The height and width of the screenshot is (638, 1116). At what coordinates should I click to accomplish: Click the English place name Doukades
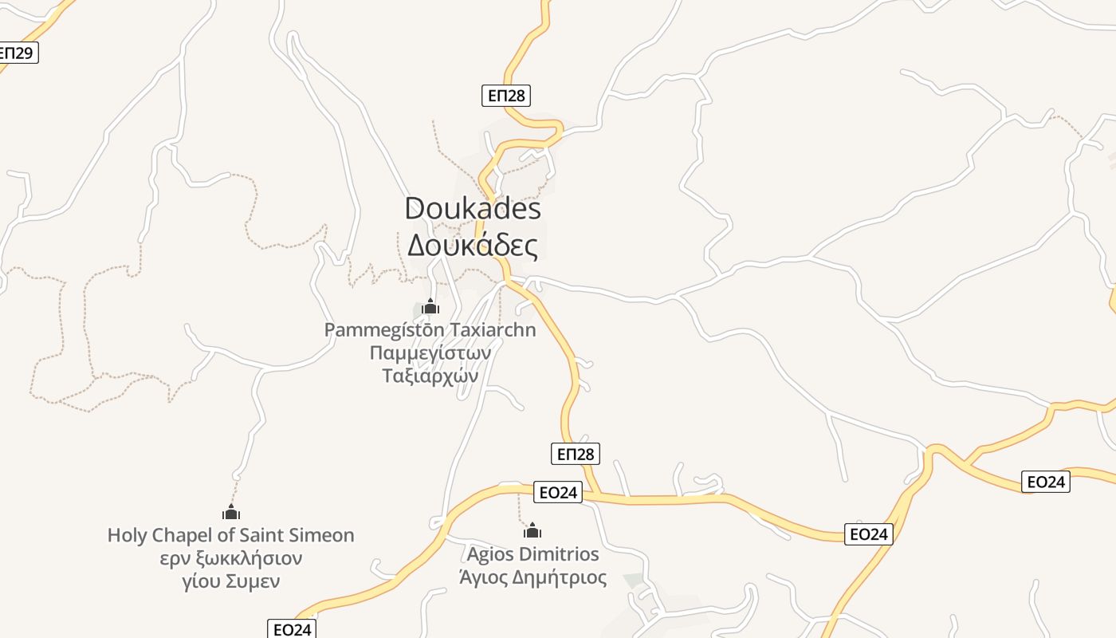pos(473,209)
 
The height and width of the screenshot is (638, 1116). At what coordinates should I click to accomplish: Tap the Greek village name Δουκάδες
pos(473,246)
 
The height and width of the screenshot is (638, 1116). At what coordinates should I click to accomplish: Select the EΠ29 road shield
pos(16,53)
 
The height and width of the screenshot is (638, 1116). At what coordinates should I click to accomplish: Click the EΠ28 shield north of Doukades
pos(506,96)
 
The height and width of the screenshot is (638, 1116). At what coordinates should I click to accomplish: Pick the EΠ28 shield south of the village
pos(575,454)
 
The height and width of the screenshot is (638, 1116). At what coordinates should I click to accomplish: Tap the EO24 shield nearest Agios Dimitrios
pos(558,492)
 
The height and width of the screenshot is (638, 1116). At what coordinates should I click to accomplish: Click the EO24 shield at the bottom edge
pos(292,629)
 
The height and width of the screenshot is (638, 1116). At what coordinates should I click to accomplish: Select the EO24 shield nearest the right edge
pos(1046,482)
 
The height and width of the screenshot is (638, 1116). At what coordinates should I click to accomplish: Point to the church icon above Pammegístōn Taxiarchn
pos(430,306)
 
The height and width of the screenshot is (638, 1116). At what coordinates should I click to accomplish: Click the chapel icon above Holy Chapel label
pos(231,512)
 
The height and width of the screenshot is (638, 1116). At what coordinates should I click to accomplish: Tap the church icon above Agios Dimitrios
pos(532,530)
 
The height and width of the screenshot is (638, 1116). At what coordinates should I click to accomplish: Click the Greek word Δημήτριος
pos(558,577)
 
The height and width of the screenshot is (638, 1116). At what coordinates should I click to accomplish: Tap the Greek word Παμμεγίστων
pos(430,352)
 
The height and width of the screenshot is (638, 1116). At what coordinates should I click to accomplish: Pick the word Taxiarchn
pos(493,329)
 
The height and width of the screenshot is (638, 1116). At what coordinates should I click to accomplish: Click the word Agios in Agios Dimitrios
pos(489,554)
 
